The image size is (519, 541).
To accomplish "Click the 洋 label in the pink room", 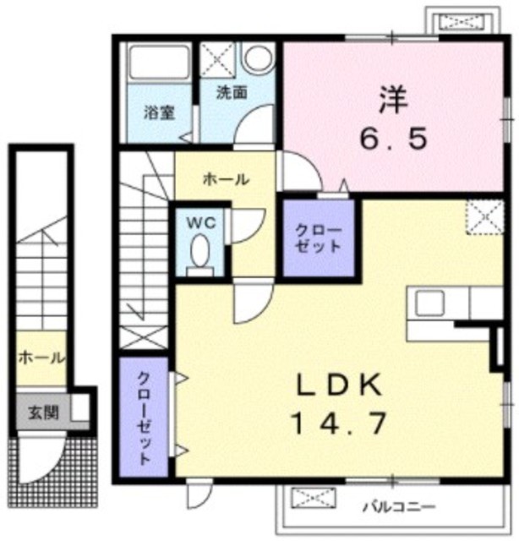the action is [393, 100].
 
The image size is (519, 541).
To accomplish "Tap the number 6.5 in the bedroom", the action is [394, 139].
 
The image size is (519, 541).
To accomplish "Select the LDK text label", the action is [340, 385].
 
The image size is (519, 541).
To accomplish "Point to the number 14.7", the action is [339, 424].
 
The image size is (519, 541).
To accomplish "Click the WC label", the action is [201, 223].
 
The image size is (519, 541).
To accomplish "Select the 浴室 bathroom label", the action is [159, 112].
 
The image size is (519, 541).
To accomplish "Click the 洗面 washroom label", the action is [232, 92].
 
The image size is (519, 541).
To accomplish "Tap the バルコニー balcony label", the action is [399, 507].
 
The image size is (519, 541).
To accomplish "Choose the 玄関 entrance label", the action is [43, 413].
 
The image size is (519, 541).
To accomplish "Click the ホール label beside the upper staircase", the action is [226, 179].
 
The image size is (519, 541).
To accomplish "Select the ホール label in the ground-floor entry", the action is [41, 358].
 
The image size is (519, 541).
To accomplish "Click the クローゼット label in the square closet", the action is [319, 238].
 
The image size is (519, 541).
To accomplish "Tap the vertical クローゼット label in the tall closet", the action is [145, 418].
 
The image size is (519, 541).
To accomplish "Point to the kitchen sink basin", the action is [429, 303].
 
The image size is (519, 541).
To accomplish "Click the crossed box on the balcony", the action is [314, 498].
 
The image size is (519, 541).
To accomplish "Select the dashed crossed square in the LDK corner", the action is [485, 217].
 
